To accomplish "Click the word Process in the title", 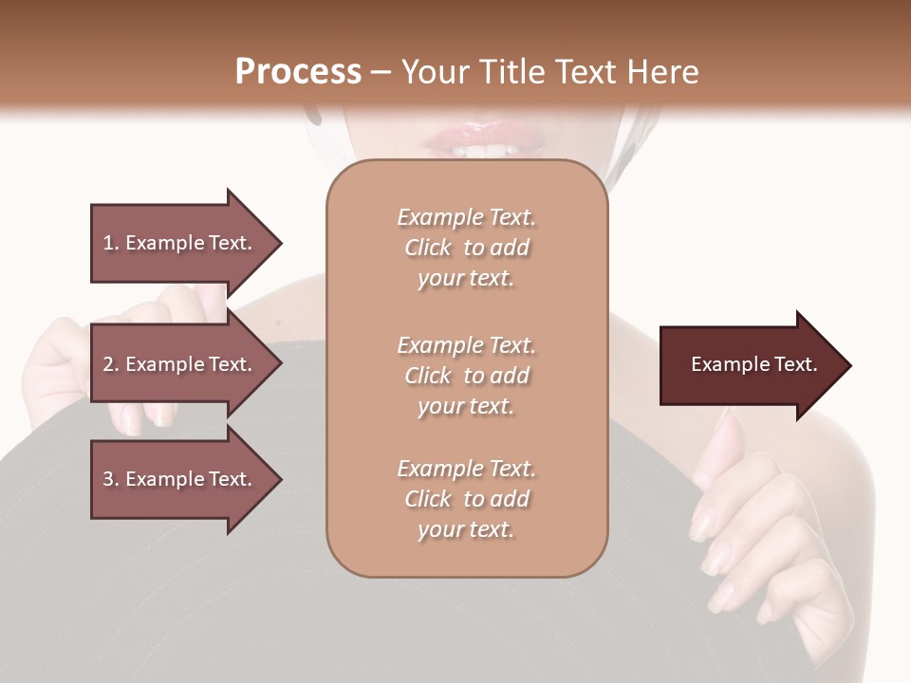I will coord(298,72).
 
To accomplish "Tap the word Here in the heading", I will coord(661,72).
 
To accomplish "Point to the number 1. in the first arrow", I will coord(111,243).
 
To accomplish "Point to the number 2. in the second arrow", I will coord(111,364).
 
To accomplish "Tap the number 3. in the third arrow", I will coord(111,479).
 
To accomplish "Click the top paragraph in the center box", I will coord(466,248).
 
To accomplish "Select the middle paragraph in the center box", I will coord(466,376).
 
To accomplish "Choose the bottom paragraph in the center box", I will coord(466,499).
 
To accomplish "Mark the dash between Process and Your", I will coord(381,73).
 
